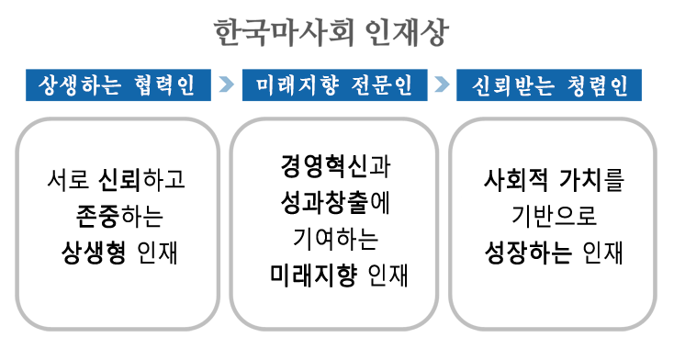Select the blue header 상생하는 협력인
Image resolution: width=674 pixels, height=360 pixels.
click(x=117, y=86)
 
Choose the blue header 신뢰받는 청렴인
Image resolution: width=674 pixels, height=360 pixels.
click(x=549, y=86)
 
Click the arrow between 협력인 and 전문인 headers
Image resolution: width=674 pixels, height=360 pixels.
click(x=227, y=86)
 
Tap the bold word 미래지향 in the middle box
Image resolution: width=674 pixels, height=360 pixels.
click(x=309, y=271)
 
